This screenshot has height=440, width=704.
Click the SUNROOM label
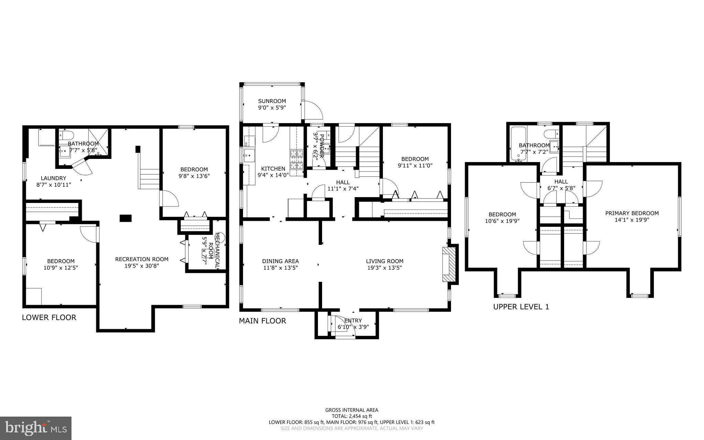(x=272, y=101)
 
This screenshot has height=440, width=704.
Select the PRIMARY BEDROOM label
(x=632, y=213)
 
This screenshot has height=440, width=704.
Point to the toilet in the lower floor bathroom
(x=66, y=135)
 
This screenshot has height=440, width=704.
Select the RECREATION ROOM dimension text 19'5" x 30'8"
(x=142, y=266)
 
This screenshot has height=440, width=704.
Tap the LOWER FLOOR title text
(x=49, y=318)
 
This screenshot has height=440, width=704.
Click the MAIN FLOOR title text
(x=262, y=321)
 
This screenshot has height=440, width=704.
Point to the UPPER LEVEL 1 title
(x=521, y=307)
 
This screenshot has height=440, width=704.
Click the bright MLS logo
(x=36, y=428)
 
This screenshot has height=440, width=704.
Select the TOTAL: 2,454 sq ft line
(x=352, y=416)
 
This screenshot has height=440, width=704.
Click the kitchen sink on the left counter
(x=249, y=155)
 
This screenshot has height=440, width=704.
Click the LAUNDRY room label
(x=53, y=178)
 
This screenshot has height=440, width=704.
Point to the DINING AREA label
(x=280, y=261)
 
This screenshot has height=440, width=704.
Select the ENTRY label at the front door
(x=353, y=321)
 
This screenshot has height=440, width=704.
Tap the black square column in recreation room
(x=125, y=218)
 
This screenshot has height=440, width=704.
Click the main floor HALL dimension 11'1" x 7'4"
(x=343, y=189)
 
